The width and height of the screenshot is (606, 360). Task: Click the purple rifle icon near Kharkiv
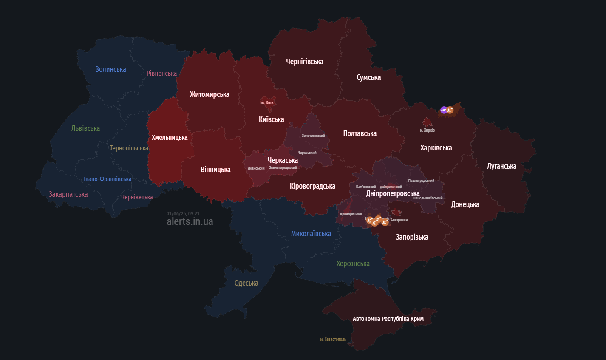tap(444, 110)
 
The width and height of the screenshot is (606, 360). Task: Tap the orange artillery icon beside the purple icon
tap(450, 110)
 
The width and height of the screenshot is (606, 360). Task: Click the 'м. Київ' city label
tap(267, 103)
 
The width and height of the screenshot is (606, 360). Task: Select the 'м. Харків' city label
tap(427, 130)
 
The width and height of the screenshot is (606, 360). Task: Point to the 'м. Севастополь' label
tap(333, 340)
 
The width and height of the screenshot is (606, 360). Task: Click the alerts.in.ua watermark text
tap(190, 221)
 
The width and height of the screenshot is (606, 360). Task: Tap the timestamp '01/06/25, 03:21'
tap(183, 214)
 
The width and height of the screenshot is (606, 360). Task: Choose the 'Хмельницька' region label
tap(170, 138)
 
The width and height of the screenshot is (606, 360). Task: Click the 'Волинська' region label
tap(110, 69)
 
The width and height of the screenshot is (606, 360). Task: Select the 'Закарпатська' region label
tap(68, 194)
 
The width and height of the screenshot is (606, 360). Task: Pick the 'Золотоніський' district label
tap(313, 136)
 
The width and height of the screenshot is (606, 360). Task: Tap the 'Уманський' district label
tap(256, 168)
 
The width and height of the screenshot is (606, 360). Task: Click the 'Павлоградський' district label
tap(421, 181)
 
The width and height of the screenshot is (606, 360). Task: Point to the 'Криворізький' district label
tap(351, 214)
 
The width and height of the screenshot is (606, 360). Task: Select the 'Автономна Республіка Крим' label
tap(388, 319)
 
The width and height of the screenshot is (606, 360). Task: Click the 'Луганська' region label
tap(501, 166)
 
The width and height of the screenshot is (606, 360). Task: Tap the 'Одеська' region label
tap(246, 283)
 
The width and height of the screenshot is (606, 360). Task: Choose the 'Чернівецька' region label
tap(137, 197)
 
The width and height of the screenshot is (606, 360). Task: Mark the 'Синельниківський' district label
tap(428, 198)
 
